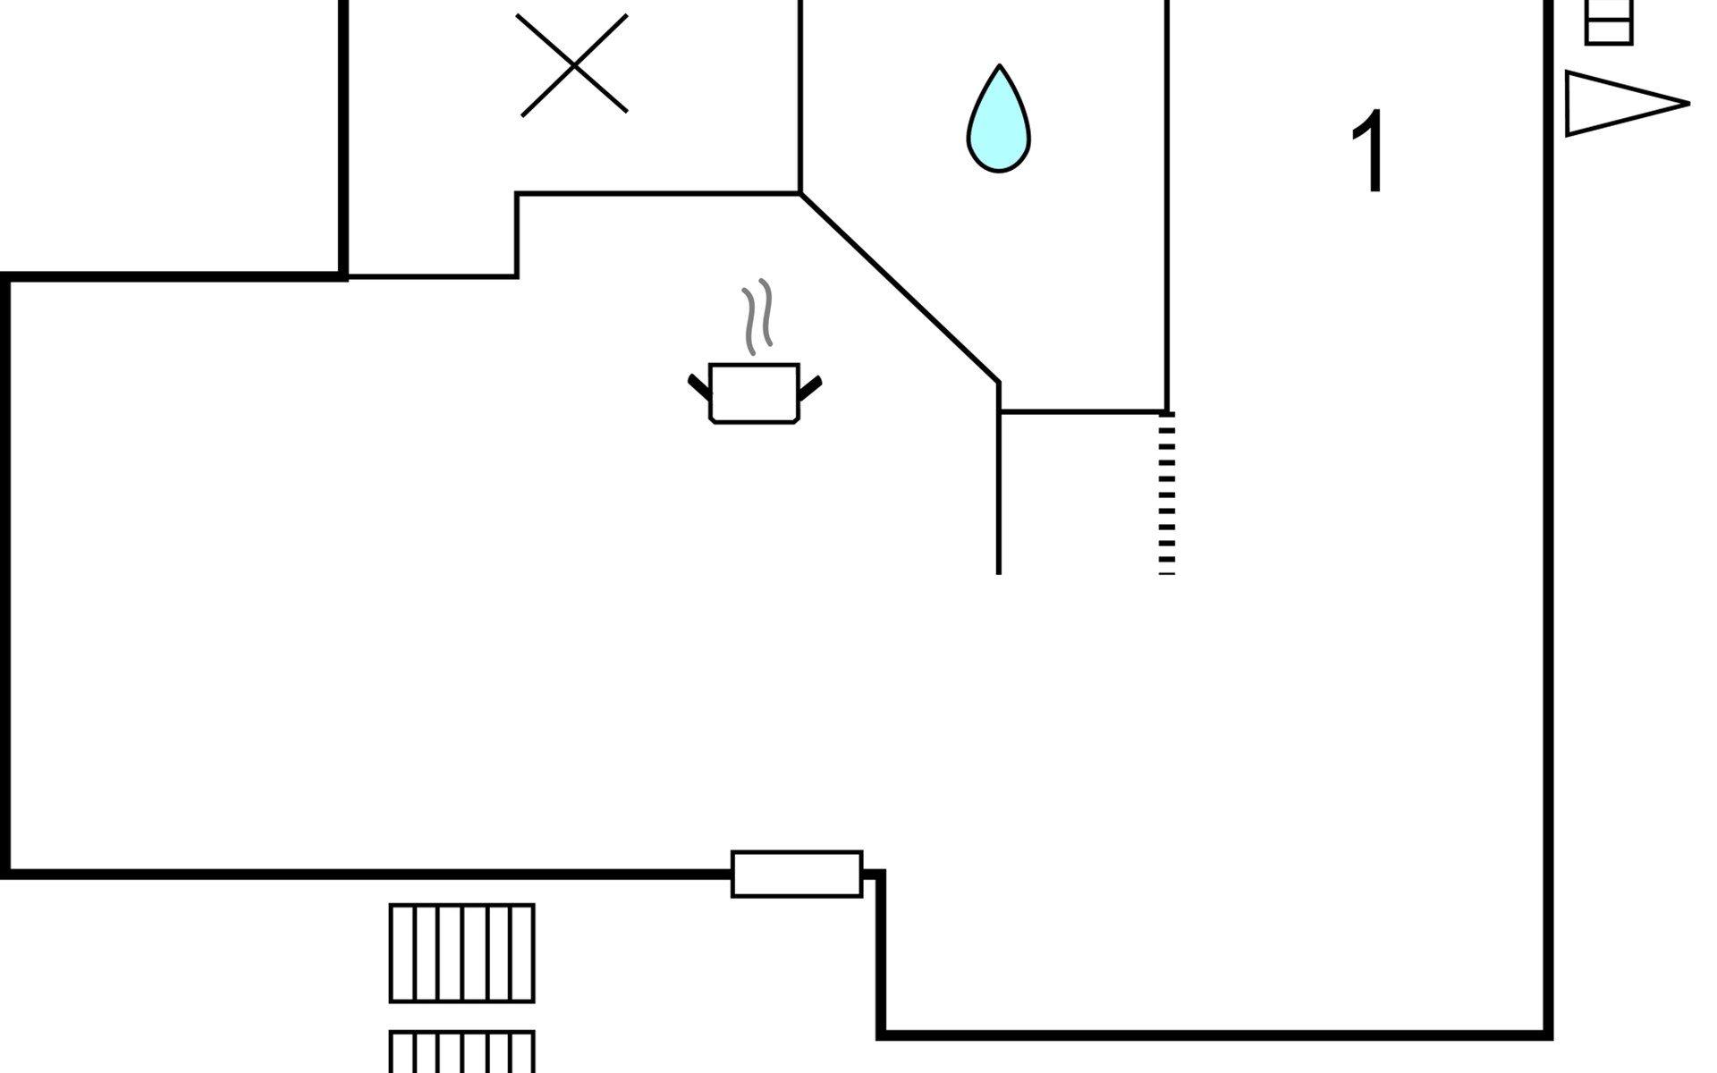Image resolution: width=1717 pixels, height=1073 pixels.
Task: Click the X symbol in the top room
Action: click(x=573, y=65)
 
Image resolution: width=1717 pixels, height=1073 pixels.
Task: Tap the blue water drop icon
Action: click(x=999, y=119)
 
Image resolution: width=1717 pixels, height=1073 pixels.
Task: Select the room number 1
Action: click(x=1369, y=151)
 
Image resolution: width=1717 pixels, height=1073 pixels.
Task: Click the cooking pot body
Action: click(x=754, y=393)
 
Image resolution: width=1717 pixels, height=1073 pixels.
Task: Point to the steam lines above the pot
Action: click(x=757, y=317)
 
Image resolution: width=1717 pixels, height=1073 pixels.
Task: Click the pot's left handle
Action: click(x=698, y=386)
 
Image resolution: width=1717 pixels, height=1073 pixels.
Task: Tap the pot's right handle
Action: click(x=810, y=387)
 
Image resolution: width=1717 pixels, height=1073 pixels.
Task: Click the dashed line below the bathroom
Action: click(x=1167, y=494)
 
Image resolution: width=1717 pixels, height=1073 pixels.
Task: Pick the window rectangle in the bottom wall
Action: click(x=797, y=874)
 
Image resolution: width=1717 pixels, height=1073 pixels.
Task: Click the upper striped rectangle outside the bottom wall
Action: click(x=462, y=953)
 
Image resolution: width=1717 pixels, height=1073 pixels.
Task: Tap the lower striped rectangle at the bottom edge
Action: click(x=462, y=1052)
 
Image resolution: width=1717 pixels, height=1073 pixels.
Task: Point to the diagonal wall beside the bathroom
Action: click(x=900, y=288)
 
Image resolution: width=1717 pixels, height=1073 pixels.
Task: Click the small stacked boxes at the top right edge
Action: click(x=1609, y=22)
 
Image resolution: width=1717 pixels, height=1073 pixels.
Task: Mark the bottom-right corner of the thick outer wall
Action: click(x=1548, y=1035)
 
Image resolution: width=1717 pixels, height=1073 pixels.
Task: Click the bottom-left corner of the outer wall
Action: click(x=5, y=874)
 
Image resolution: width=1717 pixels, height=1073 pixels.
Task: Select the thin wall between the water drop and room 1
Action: click(x=1167, y=206)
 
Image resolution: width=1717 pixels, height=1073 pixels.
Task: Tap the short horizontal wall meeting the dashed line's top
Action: click(x=1083, y=412)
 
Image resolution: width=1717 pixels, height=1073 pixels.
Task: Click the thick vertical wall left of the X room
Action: click(x=343, y=139)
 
